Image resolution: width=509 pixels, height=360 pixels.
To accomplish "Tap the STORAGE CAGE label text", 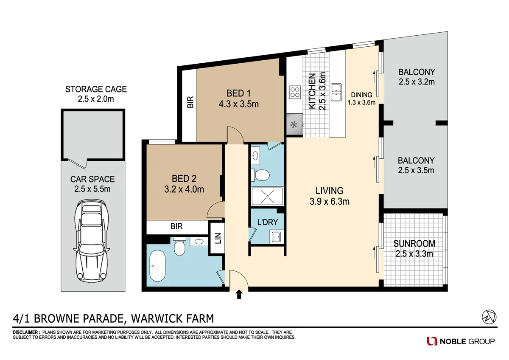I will (96, 89).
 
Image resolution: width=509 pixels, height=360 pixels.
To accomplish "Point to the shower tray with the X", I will (267, 196).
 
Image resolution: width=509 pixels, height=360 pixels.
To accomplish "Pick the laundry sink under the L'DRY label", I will (277, 236).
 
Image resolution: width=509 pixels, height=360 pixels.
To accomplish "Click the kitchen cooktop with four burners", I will (294, 92).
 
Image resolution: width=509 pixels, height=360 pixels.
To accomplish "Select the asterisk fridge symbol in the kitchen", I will (294, 125).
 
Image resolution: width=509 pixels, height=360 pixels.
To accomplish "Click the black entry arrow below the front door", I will (239, 294).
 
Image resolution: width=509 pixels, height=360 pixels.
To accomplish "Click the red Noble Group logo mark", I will (432, 341).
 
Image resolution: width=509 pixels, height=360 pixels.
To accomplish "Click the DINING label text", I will (361, 95).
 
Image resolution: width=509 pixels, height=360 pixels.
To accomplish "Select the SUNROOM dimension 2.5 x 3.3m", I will (414, 254).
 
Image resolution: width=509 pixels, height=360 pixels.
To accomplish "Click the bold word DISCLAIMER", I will (26, 332).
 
